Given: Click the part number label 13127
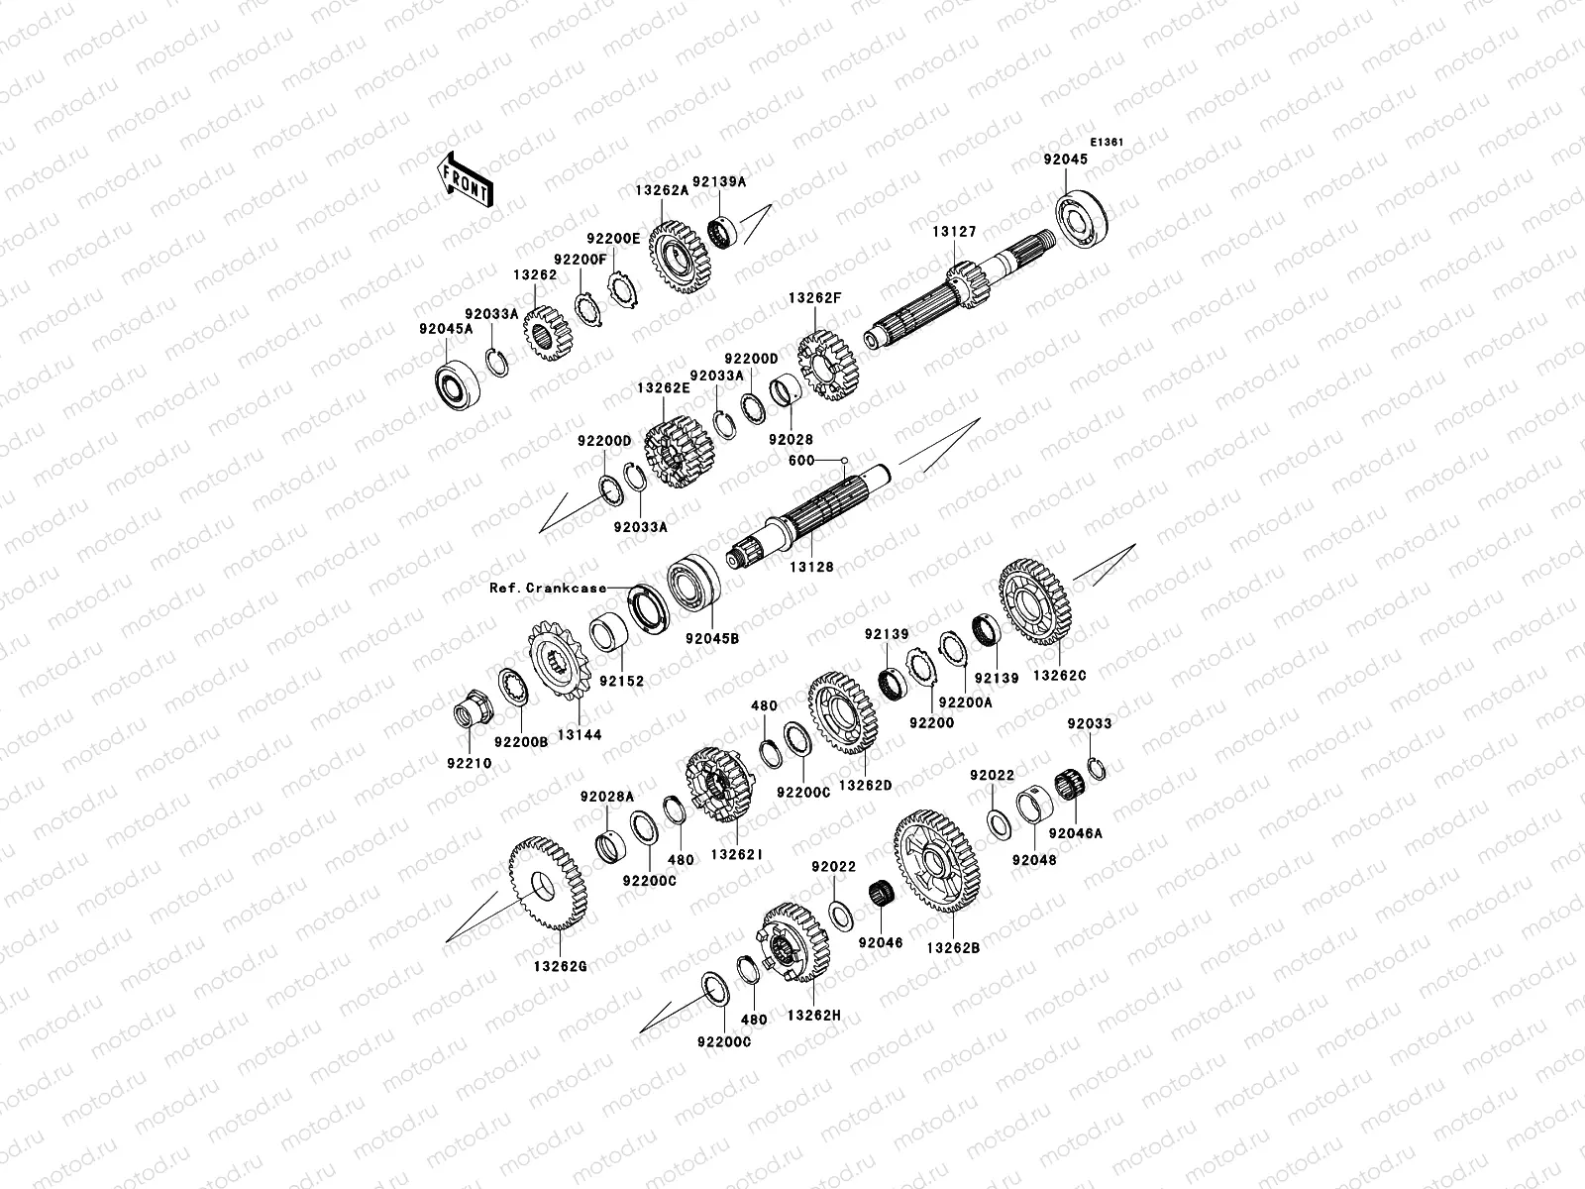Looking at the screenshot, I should tap(954, 232).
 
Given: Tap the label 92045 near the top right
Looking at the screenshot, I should tap(1065, 159).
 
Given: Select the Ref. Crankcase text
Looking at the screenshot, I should tap(548, 588).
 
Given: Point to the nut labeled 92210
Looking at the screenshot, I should tap(469, 712).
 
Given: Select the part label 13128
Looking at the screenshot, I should tap(811, 568).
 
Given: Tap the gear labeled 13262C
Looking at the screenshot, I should tap(1037, 603).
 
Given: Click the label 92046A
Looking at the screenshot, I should tap(1075, 833).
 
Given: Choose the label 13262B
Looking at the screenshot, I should tap(953, 947).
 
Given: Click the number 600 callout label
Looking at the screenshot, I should tap(801, 460).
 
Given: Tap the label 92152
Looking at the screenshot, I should tap(620, 681).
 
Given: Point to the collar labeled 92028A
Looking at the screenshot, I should tap(610, 845).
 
